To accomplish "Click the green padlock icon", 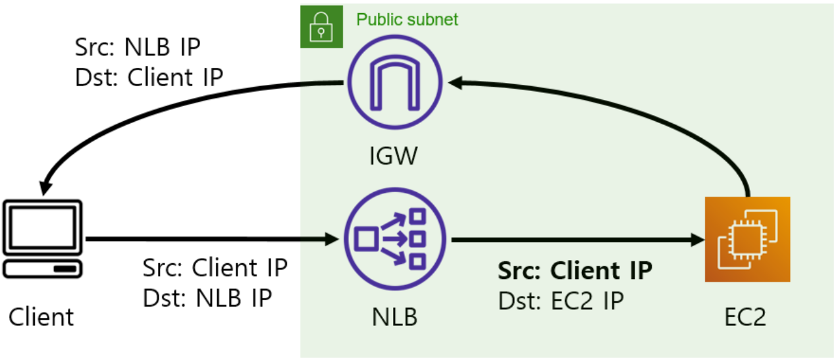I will coord(322,27).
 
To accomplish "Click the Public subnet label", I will coord(407,19).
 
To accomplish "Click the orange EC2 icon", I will coord(746,240).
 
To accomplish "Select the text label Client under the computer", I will coord(41,317).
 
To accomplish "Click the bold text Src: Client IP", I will coord(575,270).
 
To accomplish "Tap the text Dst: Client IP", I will coord(149,78).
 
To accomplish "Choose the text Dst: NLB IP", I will coord(207,297).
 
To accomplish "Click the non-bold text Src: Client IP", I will coord(215,269).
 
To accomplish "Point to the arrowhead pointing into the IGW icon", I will coord(455,83).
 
